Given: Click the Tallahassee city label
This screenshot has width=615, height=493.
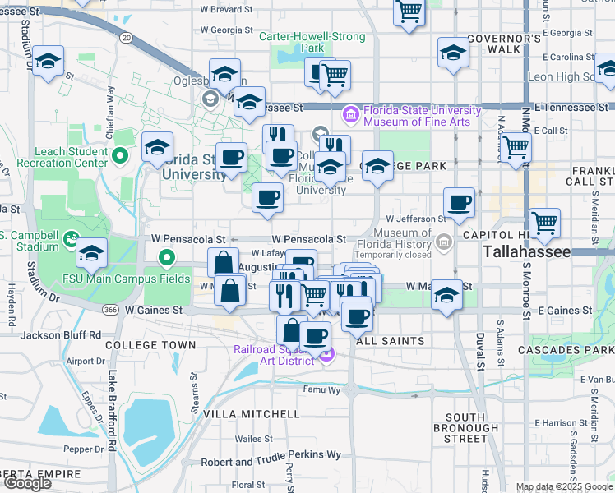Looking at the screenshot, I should [526, 251].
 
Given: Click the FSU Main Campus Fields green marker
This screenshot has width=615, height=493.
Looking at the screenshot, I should [167, 260].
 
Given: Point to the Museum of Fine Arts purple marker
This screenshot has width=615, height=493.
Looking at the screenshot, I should [351, 113].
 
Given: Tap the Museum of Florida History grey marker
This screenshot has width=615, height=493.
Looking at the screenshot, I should [444, 242].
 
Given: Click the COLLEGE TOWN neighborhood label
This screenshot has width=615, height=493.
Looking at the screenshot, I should [150, 346].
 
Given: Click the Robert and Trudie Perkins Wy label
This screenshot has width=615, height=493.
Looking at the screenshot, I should [271, 454].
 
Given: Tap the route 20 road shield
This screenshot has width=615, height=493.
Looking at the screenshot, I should [126, 37].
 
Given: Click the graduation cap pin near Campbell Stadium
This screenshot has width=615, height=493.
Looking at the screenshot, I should [92, 253].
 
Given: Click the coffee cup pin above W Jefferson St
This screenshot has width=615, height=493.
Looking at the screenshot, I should [459, 201].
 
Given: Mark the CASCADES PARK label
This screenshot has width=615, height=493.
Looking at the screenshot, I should [566, 351].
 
